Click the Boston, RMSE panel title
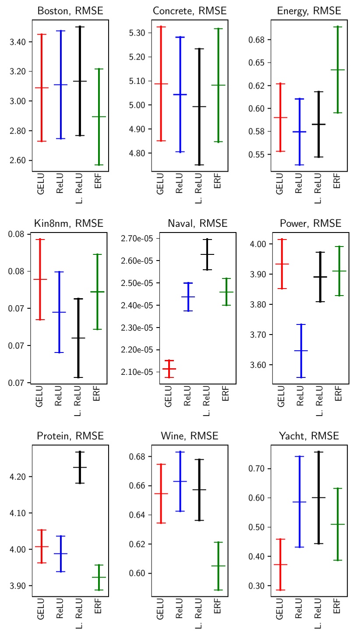[70, 11]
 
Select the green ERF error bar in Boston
[99, 116]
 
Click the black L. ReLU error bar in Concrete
[199, 106]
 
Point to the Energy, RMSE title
[309, 11]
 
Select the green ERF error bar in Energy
[338, 70]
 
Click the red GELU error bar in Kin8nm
[40, 279]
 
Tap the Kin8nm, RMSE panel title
[68, 224]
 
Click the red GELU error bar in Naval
[169, 369]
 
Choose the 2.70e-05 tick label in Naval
[137, 239]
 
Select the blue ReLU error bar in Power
[301, 351]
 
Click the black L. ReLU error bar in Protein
[80, 467]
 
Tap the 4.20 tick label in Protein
[18, 476]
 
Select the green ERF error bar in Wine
[218, 566]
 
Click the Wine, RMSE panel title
[189, 436]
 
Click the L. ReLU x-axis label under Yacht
[318, 614]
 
